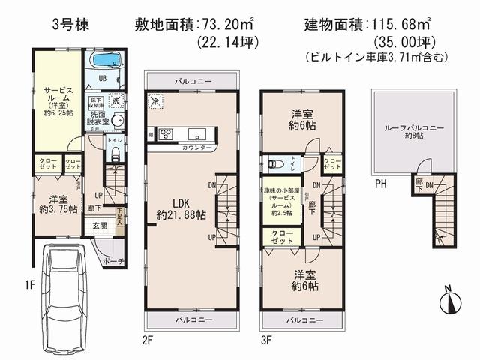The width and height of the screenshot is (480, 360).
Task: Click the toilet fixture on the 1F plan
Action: (x=114, y=154)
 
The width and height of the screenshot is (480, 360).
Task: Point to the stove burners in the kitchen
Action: (x=165, y=135)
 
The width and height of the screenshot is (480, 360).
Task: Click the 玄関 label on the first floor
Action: (x=99, y=225)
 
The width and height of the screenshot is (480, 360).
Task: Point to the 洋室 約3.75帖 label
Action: (x=56, y=205)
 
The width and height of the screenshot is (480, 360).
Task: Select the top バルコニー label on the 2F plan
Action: (x=193, y=79)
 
